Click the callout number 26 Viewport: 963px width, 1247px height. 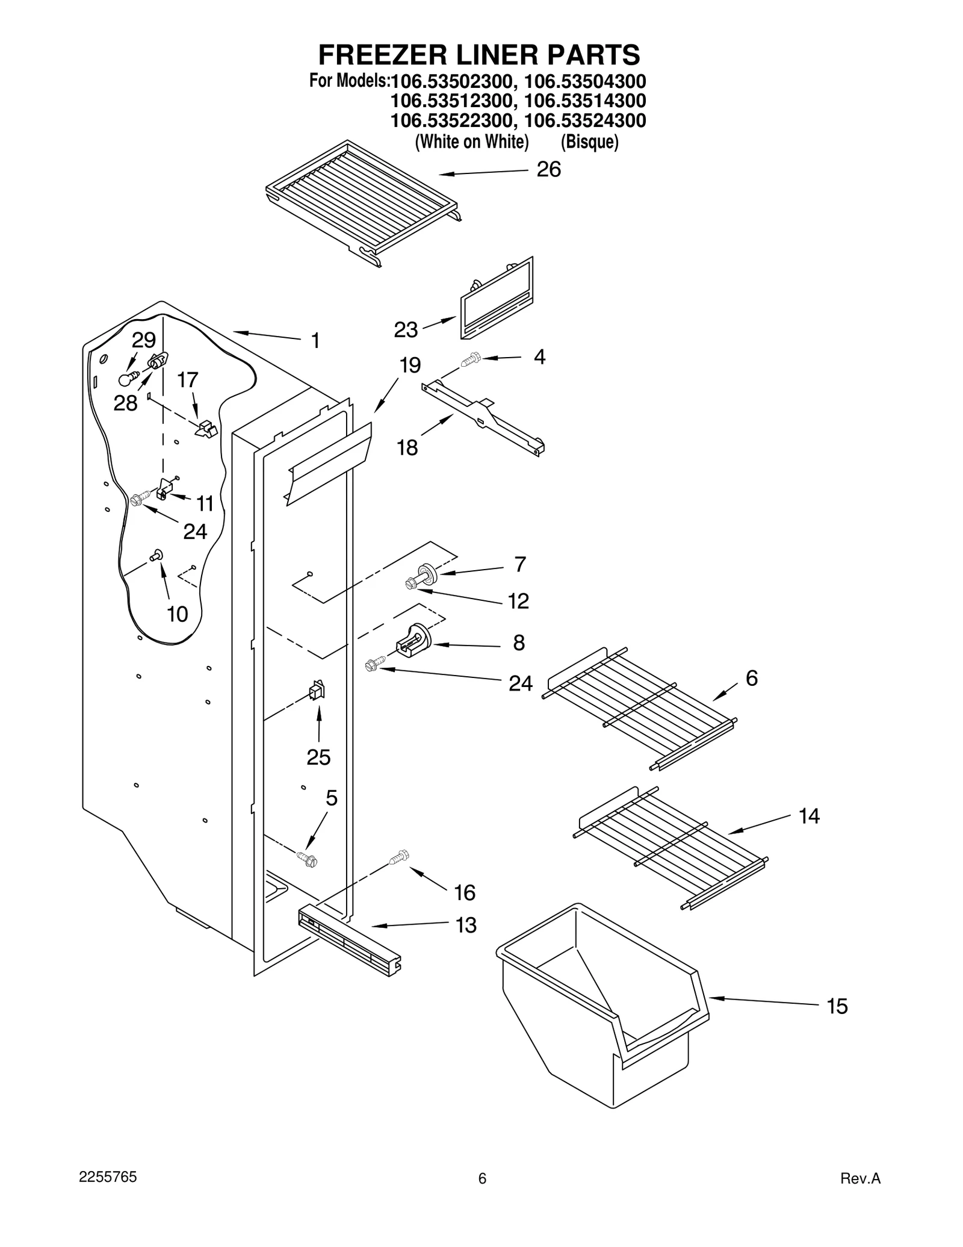[x=548, y=170]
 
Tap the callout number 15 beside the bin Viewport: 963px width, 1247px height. [x=837, y=1006]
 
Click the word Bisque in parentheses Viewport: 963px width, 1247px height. [x=589, y=142]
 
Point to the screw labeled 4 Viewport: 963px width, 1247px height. [x=470, y=360]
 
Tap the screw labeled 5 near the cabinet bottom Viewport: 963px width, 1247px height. [x=307, y=859]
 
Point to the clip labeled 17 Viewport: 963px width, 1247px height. [x=206, y=429]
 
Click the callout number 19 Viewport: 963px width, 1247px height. [x=410, y=365]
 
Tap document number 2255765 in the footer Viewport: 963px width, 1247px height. [x=108, y=1177]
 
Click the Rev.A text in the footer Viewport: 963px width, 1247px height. [x=860, y=1179]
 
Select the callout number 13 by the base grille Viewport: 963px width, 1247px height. [x=466, y=925]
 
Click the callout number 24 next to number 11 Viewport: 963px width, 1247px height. [x=195, y=531]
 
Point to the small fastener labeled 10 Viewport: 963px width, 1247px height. [x=158, y=555]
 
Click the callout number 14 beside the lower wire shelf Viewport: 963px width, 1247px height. [x=809, y=816]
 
